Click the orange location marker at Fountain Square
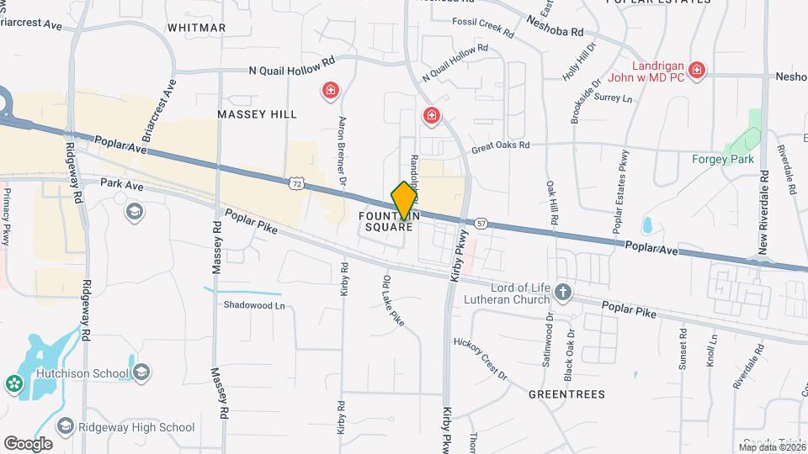[x=404, y=199]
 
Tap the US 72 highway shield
[x=294, y=183]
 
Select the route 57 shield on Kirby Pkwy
[x=480, y=223]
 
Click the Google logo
[x=28, y=443]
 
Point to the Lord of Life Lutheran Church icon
[x=563, y=293]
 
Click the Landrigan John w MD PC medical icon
[x=695, y=70]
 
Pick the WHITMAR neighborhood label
[x=196, y=28]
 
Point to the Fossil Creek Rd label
[x=482, y=28]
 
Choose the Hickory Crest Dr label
[x=481, y=359]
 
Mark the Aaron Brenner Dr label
[x=343, y=151]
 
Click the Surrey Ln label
[x=613, y=98]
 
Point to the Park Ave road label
[x=117, y=182]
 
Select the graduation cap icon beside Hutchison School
[x=141, y=372]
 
